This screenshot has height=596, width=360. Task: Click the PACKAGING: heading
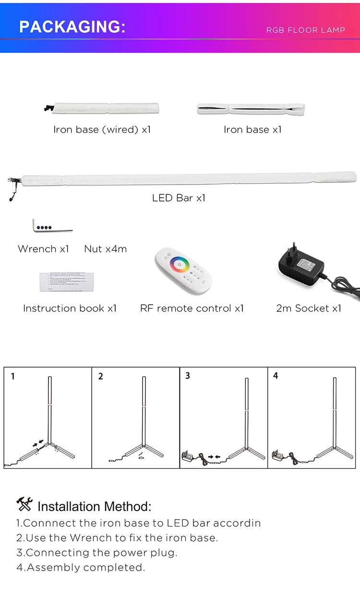coord(72,27)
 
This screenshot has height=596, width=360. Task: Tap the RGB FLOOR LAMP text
coord(305,30)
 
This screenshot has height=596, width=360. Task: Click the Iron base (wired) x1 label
coord(102,130)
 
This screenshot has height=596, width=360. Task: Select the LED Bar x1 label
coord(179,198)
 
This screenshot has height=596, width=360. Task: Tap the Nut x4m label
coord(105,249)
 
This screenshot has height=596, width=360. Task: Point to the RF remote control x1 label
coord(192,308)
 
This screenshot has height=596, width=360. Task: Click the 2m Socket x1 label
coord(309,308)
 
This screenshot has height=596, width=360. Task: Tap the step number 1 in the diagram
coord(13,377)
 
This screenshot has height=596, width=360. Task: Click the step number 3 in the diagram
coord(188,376)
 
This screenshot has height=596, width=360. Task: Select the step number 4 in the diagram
coord(276,376)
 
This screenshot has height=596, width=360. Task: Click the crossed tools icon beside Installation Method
coord(24,504)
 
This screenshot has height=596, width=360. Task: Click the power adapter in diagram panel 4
coord(278,454)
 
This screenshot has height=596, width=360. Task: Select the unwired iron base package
coord(251,108)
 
